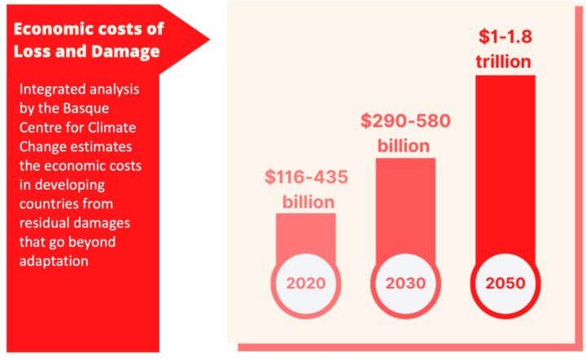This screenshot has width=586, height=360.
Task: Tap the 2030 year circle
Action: tap(405, 284)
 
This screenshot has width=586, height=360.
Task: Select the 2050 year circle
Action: tap(505, 284)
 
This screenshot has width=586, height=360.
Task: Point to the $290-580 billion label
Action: tap(405, 134)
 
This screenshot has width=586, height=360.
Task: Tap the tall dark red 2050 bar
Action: tap(505, 163)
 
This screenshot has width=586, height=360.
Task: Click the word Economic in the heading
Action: tap(50, 29)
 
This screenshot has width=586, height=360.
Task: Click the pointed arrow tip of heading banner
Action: tap(208, 38)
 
